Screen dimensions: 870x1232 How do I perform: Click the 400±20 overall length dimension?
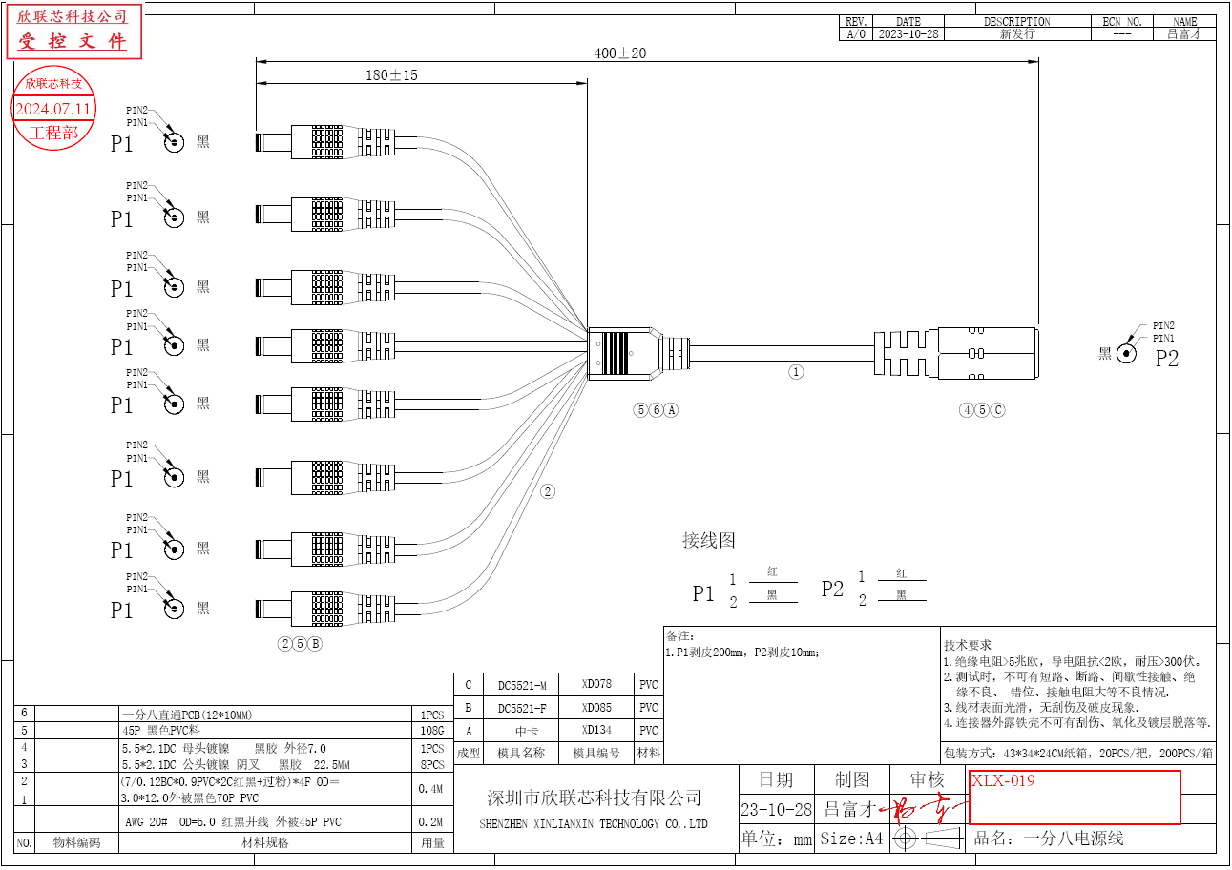coord(619,53)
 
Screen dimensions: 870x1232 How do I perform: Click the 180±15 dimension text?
coord(391,75)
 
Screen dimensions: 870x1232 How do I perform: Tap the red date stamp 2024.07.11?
coord(53,109)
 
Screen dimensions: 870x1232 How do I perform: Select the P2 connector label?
coord(1167,359)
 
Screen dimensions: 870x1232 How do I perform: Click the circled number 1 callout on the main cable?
coord(796,372)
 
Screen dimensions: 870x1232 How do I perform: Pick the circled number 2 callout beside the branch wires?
coord(548,492)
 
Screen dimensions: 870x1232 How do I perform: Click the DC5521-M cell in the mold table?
coord(522,685)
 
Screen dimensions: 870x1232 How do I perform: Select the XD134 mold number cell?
coord(596,730)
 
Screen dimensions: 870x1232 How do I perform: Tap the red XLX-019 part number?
coord(1003,780)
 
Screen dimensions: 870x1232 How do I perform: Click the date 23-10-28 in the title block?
coord(776,810)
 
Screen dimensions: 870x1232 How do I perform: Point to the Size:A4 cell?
coord(851,839)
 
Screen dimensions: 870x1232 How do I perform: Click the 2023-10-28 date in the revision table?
coord(908,34)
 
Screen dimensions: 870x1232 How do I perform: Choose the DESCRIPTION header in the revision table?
coord(1016,21)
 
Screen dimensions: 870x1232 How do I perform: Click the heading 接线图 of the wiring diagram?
coord(709,540)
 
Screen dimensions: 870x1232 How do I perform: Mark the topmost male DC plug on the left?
coord(324,143)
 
